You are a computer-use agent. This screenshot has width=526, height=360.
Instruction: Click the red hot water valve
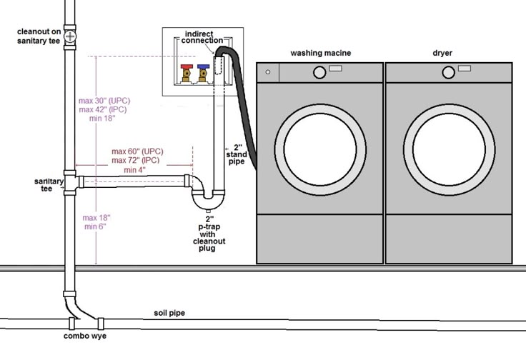(187, 72)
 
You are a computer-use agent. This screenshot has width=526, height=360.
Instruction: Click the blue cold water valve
(204, 72)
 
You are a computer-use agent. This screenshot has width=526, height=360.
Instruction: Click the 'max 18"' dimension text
(96, 217)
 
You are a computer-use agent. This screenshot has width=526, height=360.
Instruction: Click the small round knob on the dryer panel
(449, 72)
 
